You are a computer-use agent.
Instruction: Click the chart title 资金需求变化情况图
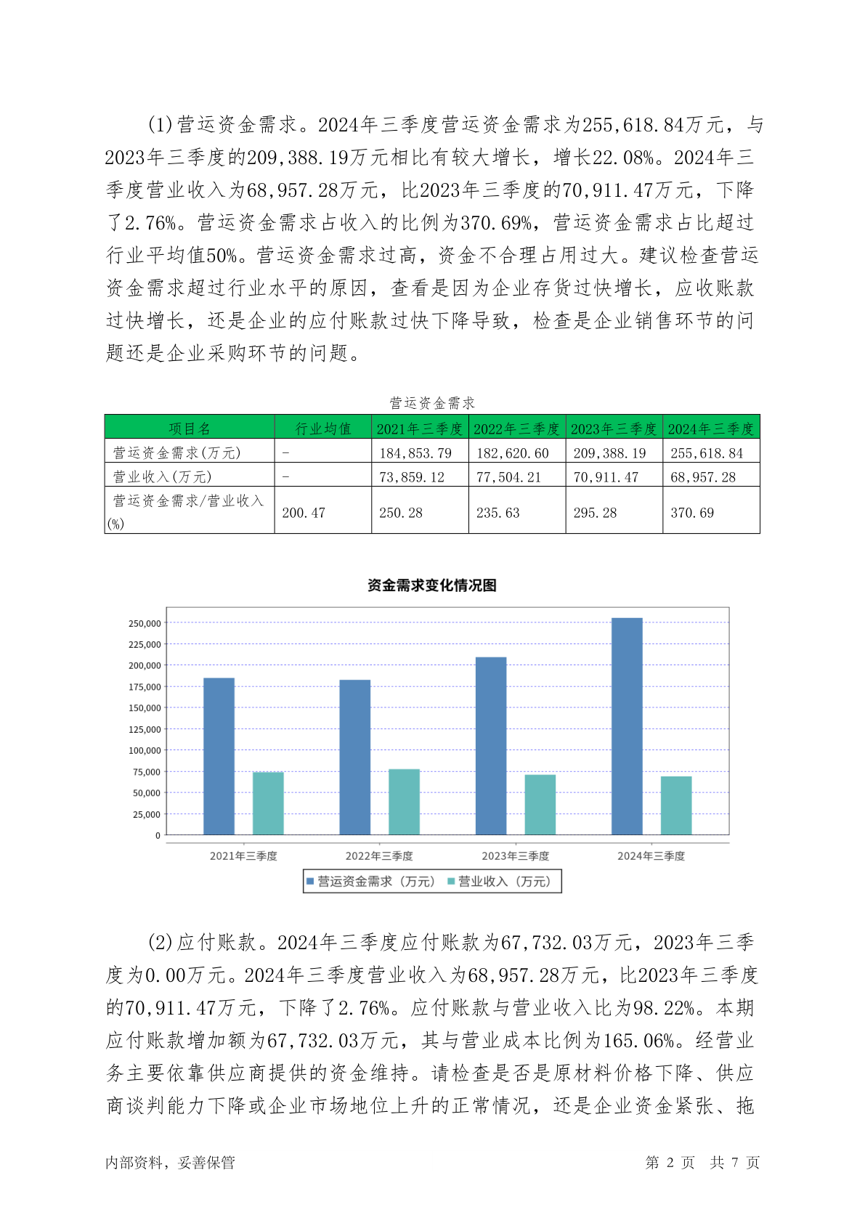[x=431, y=585]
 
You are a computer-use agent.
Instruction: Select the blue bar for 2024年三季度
[x=627, y=726]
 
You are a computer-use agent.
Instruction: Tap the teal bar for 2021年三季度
[x=268, y=803]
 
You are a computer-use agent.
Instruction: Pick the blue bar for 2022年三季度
[x=354, y=757]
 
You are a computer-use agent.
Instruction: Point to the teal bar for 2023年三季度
[x=540, y=805]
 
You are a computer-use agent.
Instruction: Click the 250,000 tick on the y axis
[x=145, y=623]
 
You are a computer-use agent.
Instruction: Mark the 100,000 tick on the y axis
[x=145, y=750]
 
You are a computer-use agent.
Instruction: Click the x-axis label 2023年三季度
[x=515, y=856]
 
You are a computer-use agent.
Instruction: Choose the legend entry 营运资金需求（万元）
[x=370, y=882]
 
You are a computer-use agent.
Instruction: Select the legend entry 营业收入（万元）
[x=500, y=882]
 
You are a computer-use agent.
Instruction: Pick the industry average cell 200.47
[x=304, y=513]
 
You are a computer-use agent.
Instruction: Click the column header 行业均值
[x=323, y=428]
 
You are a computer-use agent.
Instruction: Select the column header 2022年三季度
[x=516, y=428]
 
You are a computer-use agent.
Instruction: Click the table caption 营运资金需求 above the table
[x=431, y=402]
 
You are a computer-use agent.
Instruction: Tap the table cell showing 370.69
[x=692, y=513]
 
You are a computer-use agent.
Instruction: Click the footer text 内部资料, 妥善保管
[x=170, y=1163]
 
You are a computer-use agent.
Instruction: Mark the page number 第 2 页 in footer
[x=670, y=1163]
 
